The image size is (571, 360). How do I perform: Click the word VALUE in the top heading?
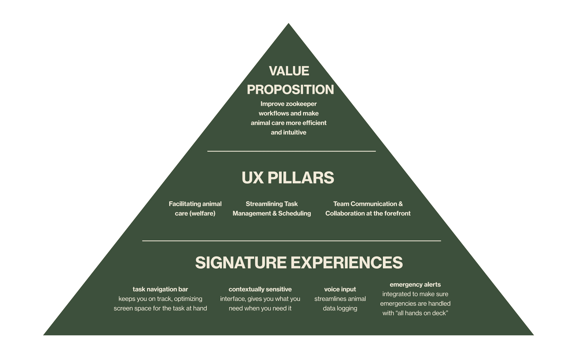(x=289, y=71)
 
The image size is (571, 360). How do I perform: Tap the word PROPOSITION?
(x=290, y=89)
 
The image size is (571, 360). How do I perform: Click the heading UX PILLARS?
(x=288, y=178)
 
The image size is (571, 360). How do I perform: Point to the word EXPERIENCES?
(x=347, y=263)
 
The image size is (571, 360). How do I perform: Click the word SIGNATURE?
(x=241, y=263)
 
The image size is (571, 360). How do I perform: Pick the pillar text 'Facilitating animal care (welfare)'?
(x=195, y=209)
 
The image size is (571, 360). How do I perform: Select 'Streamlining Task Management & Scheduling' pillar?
(x=272, y=209)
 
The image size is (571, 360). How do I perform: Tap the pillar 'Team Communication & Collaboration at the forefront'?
(x=368, y=209)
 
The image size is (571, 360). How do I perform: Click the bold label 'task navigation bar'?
(x=160, y=289)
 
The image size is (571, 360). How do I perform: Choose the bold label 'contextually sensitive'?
(x=260, y=289)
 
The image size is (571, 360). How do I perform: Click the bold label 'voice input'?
(x=340, y=289)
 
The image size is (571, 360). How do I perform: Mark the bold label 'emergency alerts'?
(x=415, y=285)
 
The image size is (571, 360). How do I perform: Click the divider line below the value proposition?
(x=291, y=151)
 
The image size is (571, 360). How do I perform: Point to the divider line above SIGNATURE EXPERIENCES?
(x=291, y=241)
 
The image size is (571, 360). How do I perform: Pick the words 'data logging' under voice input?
(x=340, y=309)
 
